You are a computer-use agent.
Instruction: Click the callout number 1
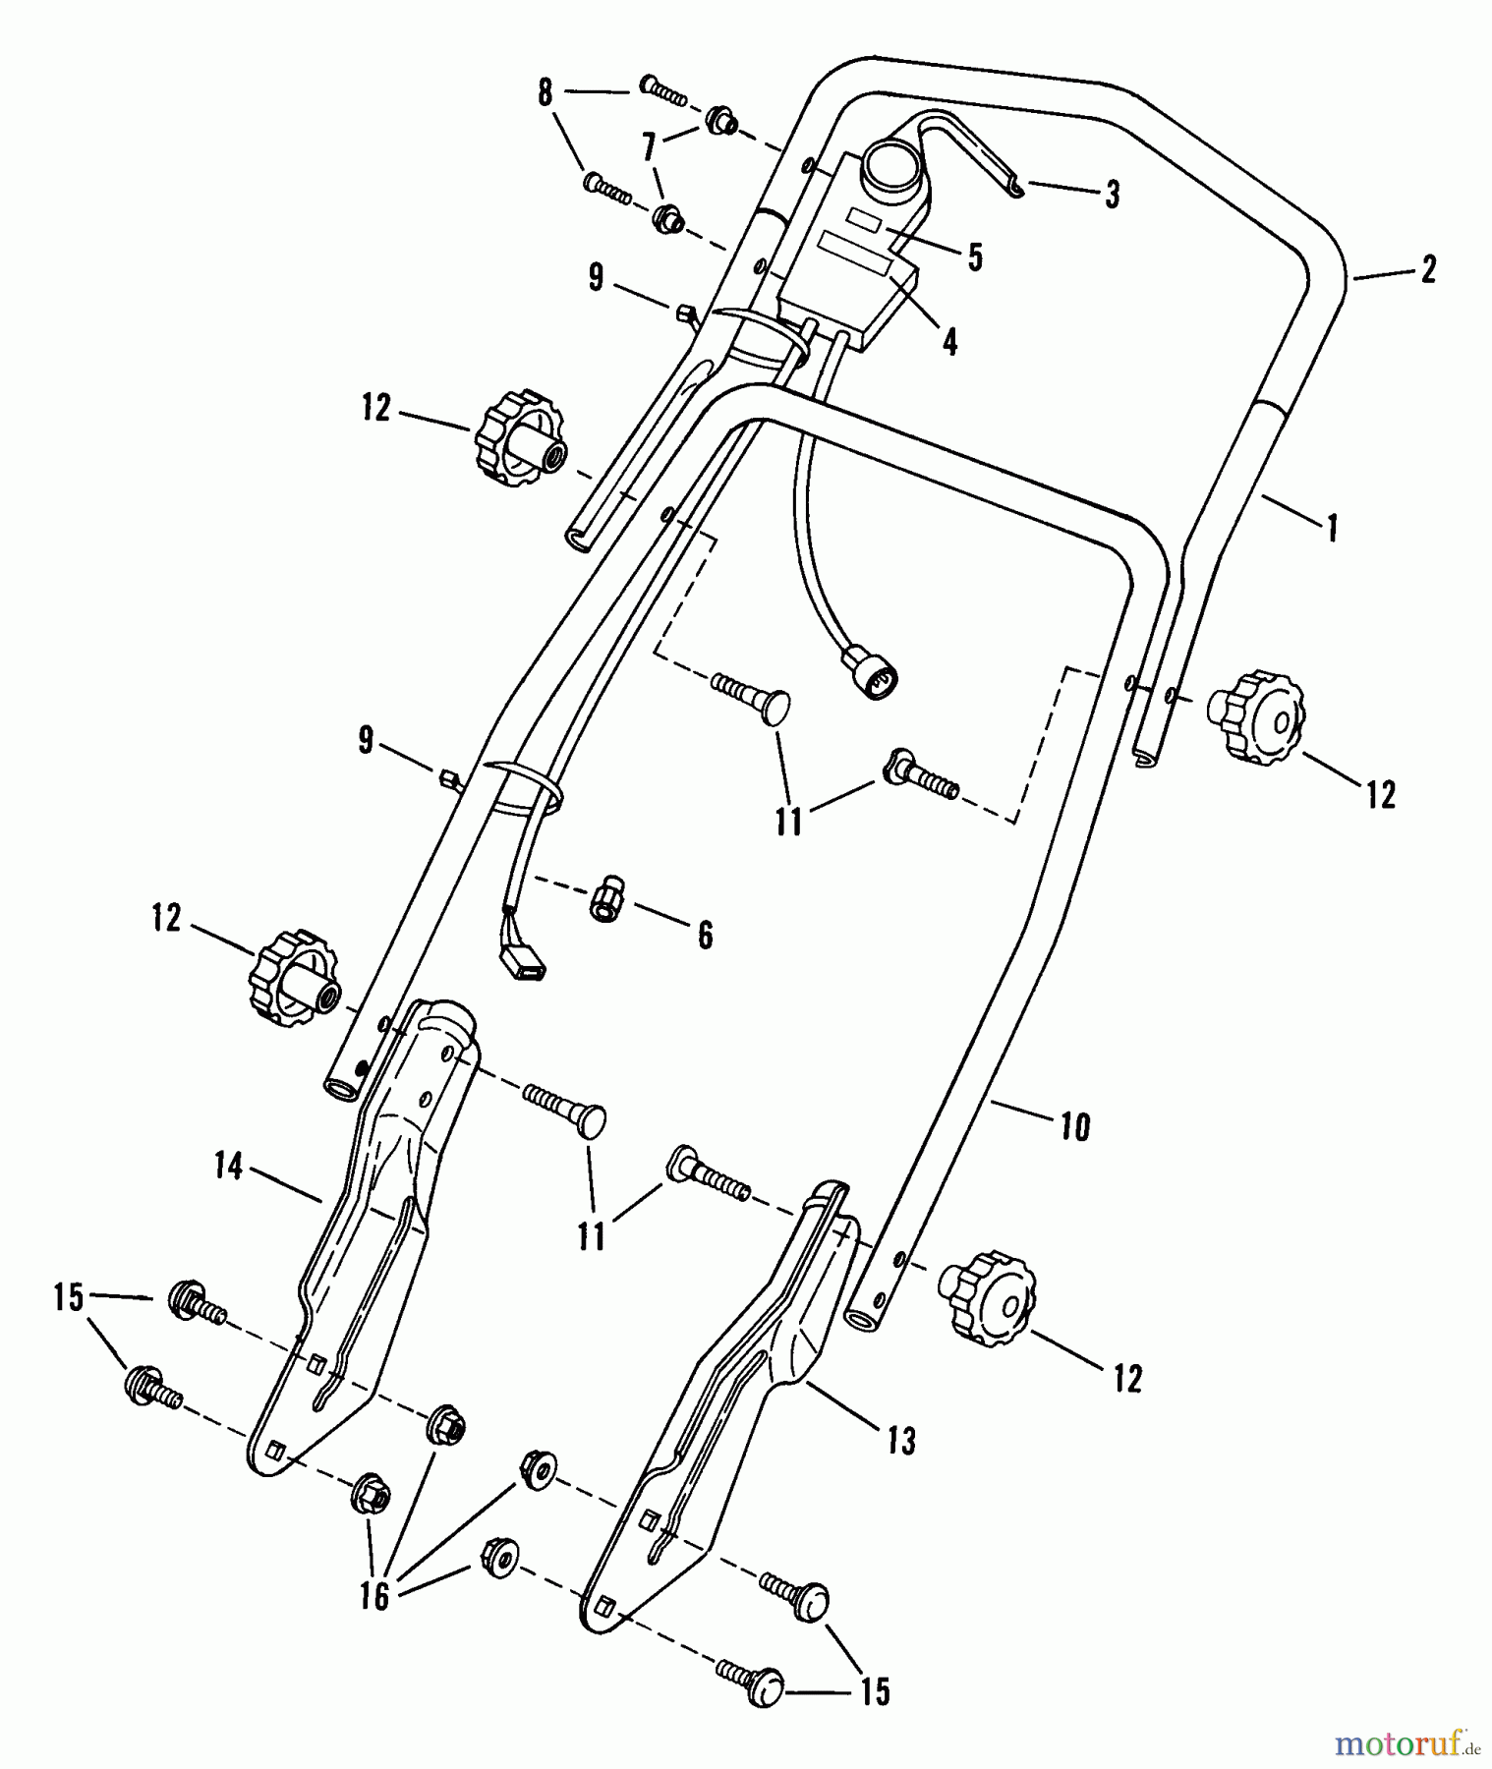1332,529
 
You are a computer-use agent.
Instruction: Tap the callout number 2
1428,269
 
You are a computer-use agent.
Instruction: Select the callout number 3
1112,194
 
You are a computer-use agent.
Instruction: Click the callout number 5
974,257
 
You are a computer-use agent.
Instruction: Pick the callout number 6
705,935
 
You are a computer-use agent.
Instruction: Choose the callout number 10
1076,1126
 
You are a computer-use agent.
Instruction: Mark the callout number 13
900,1441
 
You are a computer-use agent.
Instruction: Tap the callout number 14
228,1168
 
